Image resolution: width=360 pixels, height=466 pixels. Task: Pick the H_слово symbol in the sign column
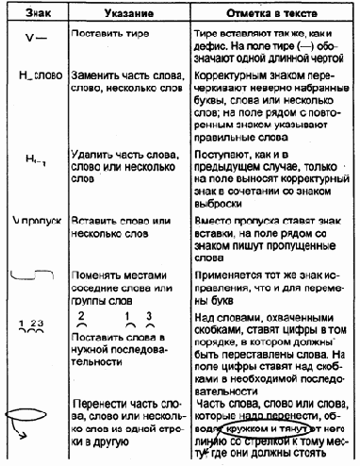click(x=33, y=73)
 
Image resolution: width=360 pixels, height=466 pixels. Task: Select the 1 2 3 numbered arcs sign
click(x=31, y=323)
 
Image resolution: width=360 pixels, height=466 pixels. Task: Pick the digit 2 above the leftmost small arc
click(x=83, y=313)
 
